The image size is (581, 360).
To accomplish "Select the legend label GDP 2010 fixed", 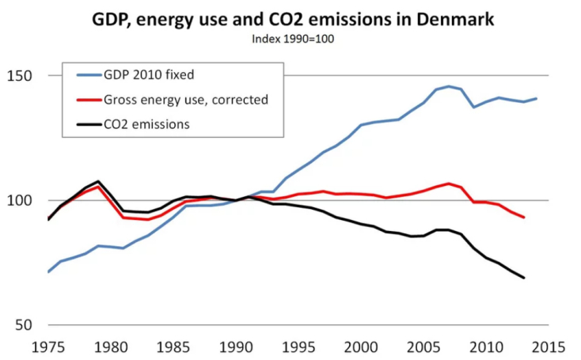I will (149, 75).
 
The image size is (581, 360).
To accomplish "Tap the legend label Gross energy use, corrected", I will (186, 100).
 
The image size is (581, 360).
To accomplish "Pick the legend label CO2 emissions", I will (146, 124).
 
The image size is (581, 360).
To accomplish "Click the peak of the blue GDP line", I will (449, 86).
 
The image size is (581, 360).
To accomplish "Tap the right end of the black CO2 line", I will (524, 278).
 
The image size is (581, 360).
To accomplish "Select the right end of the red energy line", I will (524, 218).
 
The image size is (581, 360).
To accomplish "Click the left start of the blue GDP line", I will (49, 272).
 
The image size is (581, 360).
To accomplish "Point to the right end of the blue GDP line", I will (537, 99).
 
